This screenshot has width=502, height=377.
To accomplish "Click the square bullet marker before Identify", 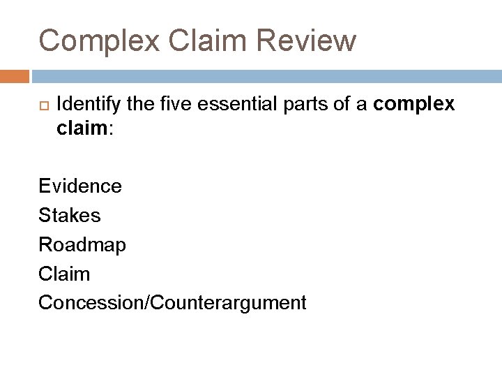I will (x=40, y=105).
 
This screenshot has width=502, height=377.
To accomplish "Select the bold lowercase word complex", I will (x=414, y=105).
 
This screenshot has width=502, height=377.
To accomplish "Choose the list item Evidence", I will (x=80, y=186).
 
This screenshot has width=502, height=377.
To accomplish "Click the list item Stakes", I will (x=70, y=216).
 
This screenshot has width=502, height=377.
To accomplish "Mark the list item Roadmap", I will (x=82, y=245).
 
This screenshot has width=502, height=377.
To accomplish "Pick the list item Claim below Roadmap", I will (x=64, y=274).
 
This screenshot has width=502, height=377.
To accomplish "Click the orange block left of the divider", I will (x=15, y=75).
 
